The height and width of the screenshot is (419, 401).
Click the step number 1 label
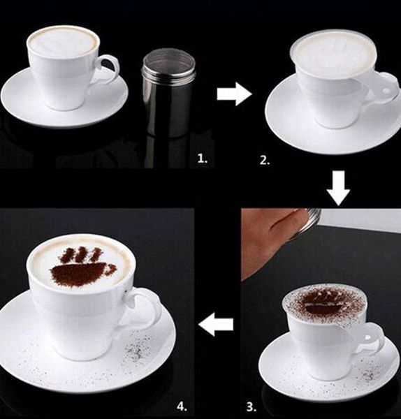point(203,159)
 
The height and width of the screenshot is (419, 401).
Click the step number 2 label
point(265,161)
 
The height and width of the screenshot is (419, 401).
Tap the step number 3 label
point(251,407)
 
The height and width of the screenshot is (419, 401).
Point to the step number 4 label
point(182,407)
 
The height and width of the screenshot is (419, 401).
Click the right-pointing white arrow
point(234,94)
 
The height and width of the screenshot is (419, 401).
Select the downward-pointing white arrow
point(338,189)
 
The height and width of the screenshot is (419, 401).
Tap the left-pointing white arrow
point(216,325)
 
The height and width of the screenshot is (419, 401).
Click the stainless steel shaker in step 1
point(168,92)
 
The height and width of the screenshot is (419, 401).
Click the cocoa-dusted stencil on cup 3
point(324,304)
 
